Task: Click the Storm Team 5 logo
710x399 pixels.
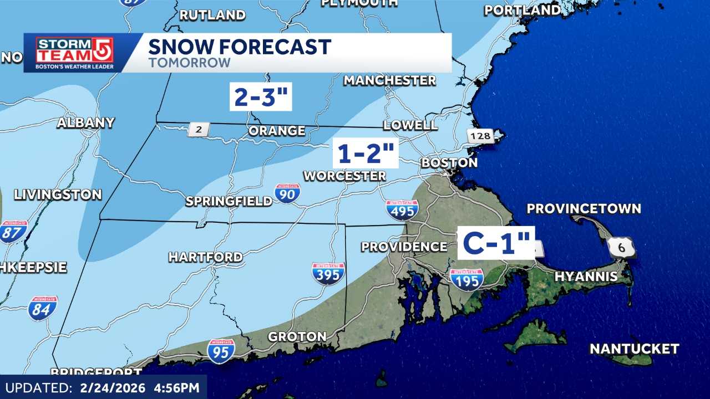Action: click(74, 53)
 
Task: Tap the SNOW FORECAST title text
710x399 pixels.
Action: click(240, 47)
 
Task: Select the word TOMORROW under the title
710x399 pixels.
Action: click(189, 63)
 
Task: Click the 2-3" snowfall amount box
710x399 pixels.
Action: click(261, 96)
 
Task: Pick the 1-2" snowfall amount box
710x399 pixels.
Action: click(366, 153)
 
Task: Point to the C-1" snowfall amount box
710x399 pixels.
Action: click(496, 243)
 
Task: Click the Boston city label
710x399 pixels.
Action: click(449, 163)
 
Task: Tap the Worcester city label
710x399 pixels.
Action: click(344, 176)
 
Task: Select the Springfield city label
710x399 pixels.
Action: click(229, 201)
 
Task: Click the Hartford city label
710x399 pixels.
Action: click(205, 257)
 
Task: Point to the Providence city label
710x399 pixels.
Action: click(404, 247)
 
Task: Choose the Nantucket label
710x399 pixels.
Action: click(634, 349)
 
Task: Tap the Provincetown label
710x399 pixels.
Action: click(584, 209)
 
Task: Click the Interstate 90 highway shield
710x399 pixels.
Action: click(287, 193)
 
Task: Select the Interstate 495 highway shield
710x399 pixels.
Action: click(402, 210)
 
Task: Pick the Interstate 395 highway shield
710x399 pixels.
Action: click(328, 273)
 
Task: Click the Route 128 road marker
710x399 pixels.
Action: click(479, 136)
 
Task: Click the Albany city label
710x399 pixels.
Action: click(86, 123)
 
